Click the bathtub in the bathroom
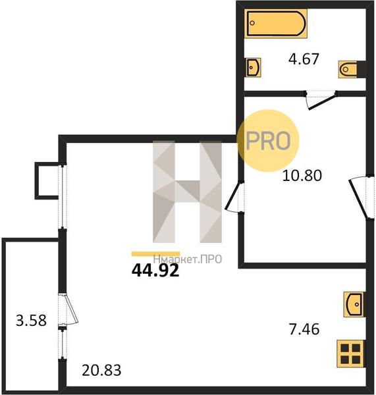coord(276,23)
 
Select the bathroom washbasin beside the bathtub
coord(254,67)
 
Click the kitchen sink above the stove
coord(354,304)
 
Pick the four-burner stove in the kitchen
coord(350,354)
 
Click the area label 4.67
coord(304,59)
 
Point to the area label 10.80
coord(302,176)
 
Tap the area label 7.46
coord(304,329)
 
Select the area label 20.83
coord(101,370)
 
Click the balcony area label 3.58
coord(31,321)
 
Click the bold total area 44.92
coord(155,271)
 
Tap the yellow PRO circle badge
coord(268,141)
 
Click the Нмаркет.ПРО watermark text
coord(188,259)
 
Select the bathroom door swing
coord(321,100)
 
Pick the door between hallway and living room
coord(234,197)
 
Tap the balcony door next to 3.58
coord(68,308)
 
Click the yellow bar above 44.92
coord(156,254)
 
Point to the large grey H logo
coord(187,192)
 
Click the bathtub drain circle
coord(252,23)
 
